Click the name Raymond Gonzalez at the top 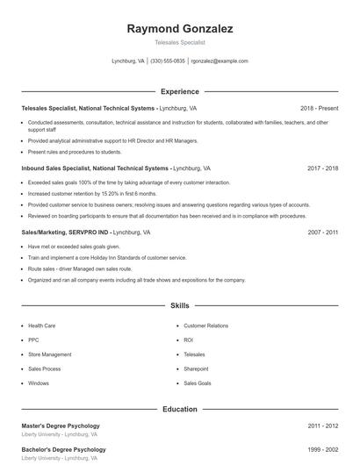[x=180, y=29]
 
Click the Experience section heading [x=180, y=91]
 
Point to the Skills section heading [x=180, y=306]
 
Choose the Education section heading [x=180, y=409]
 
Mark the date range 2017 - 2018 [x=322, y=168]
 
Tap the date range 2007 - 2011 [x=322, y=232]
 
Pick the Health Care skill [x=42, y=325]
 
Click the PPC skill [x=33, y=340]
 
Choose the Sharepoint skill [x=196, y=368]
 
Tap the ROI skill [x=189, y=340]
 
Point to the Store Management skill [x=49, y=354]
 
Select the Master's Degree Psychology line [x=61, y=426]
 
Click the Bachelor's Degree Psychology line [x=63, y=449]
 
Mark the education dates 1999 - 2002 [x=322, y=449]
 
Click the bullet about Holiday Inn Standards [x=107, y=258]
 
